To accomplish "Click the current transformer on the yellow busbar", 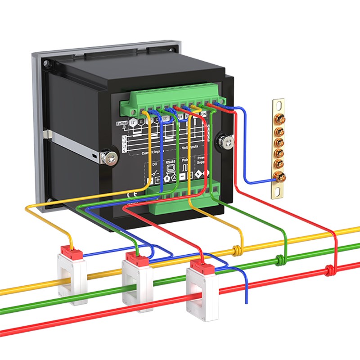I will click(x=72, y=277).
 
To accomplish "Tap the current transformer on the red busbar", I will click(x=203, y=292).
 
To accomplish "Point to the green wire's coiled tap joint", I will click(x=280, y=259).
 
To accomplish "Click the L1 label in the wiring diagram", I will click(x=124, y=137).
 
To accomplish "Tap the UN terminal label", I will click(x=203, y=116).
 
